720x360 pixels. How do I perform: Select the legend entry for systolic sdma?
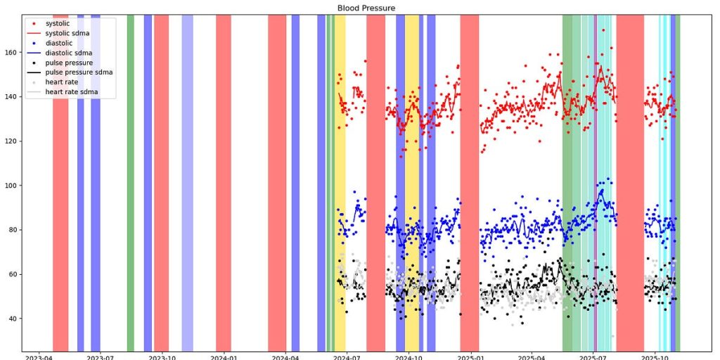coord(68,33)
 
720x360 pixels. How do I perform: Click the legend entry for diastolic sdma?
coord(68,53)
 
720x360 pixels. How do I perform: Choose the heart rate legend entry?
coord(62,82)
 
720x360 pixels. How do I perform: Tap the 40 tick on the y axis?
coord(12,319)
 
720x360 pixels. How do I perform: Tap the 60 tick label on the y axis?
coord(12,274)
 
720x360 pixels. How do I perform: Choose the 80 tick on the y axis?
coord(12,230)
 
